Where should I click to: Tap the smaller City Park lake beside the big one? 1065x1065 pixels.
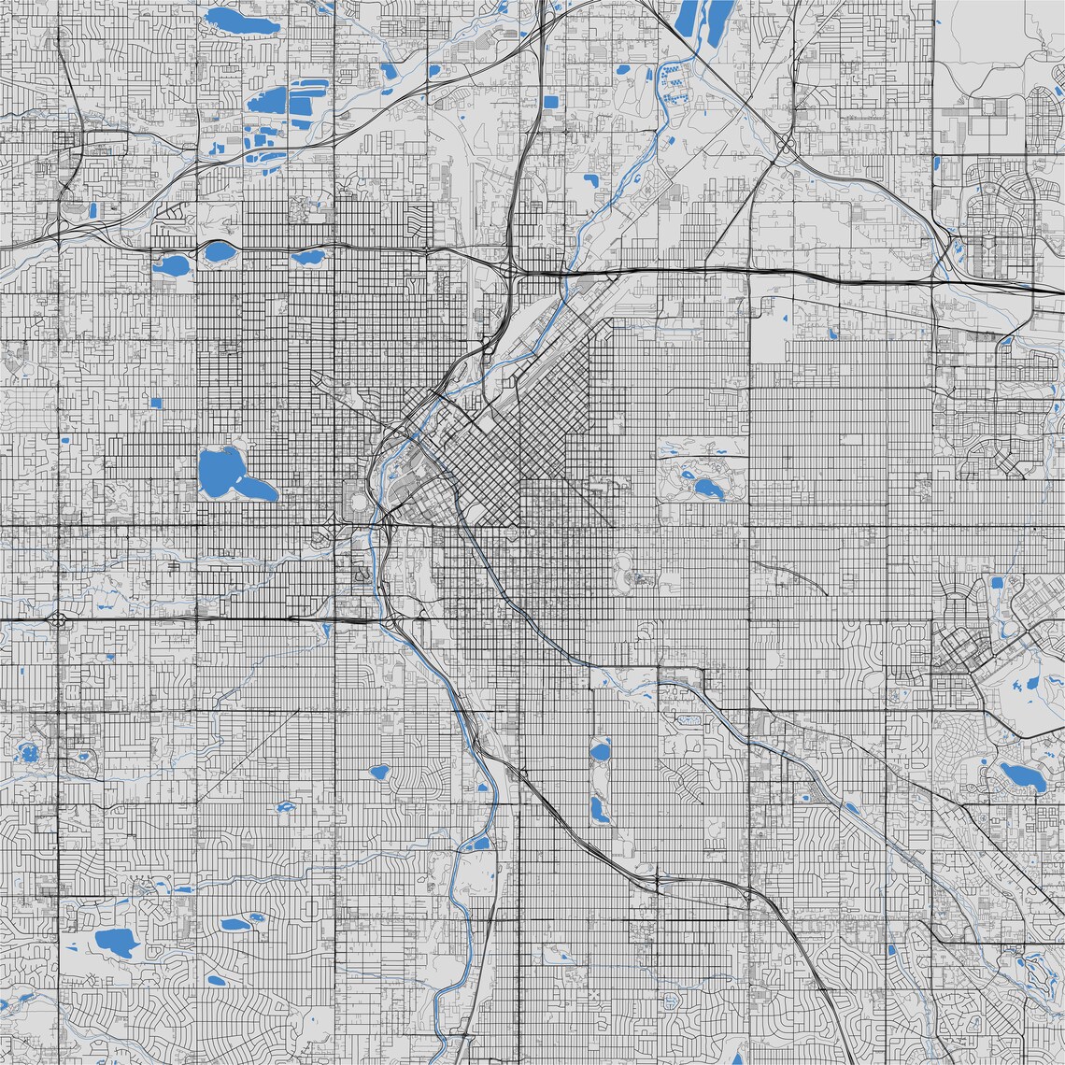coord(688,474)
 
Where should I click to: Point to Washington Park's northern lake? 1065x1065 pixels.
coord(600,749)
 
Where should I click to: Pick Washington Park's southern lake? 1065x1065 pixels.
coord(600,809)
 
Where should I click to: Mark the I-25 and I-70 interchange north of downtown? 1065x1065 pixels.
coord(513,270)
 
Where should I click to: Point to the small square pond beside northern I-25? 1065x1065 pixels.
coord(550,101)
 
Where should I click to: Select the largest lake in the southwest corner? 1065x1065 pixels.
coord(114,940)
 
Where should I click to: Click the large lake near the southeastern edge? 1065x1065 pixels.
coord(1020,775)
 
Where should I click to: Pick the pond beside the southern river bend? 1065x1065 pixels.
coord(479,844)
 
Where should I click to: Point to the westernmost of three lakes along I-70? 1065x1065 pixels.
coord(171,265)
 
